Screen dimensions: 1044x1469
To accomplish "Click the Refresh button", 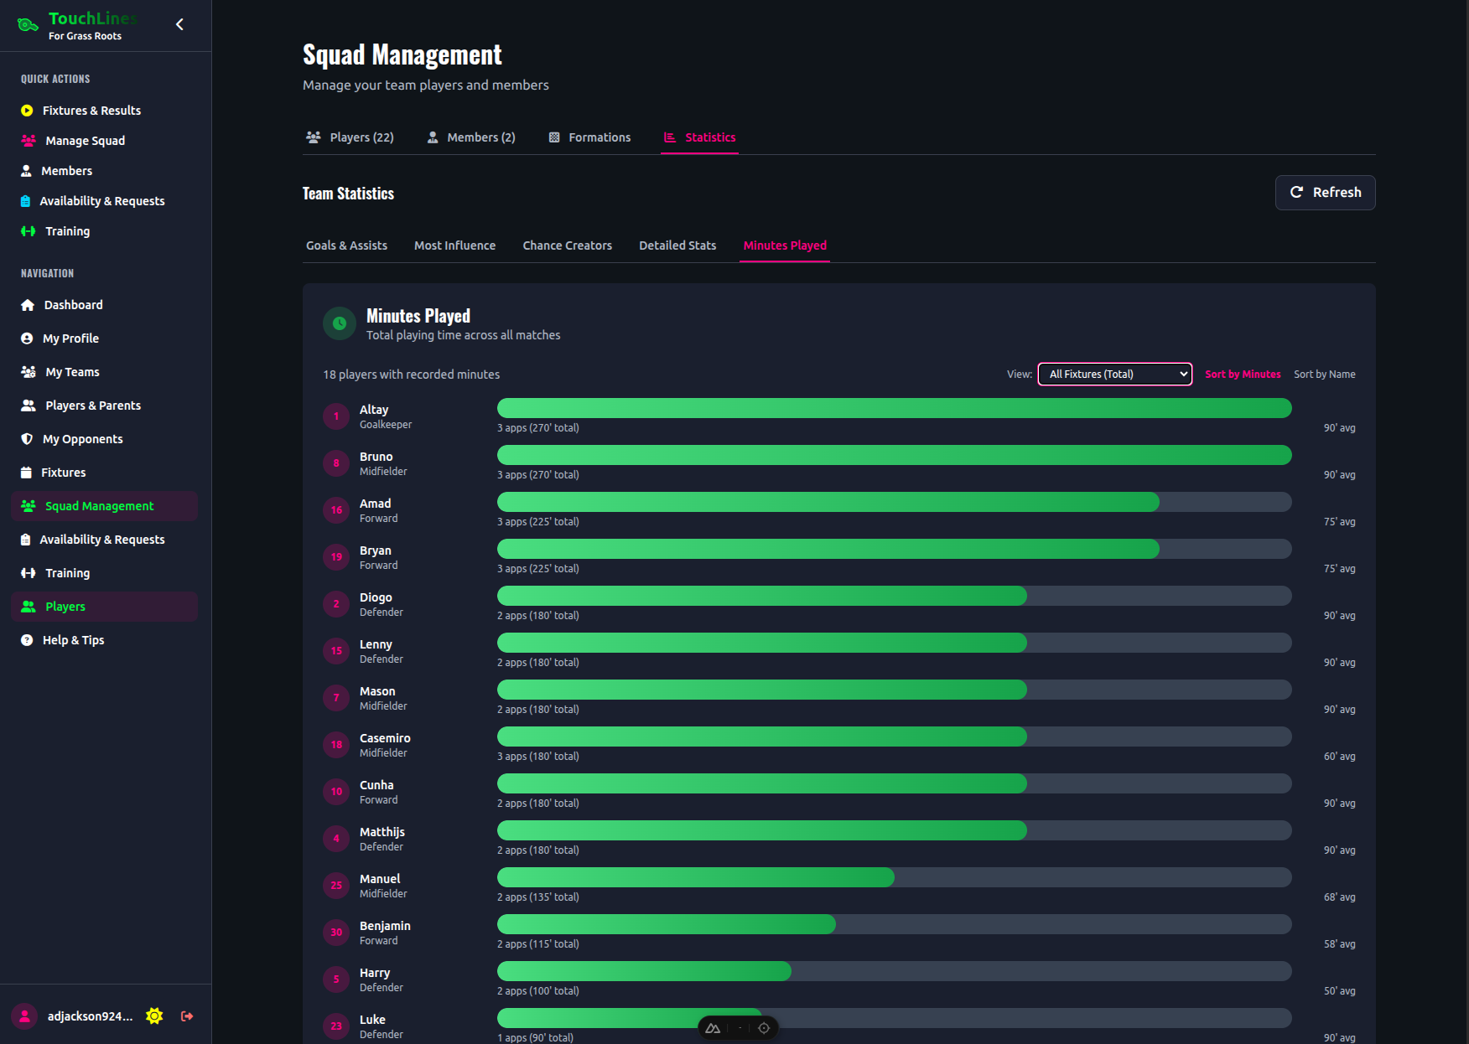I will pyautogui.click(x=1325, y=193).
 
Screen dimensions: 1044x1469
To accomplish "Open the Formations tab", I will pyautogui.click(x=589, y=137).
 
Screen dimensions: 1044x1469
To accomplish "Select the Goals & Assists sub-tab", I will pyautogui.click(x=346, y=245).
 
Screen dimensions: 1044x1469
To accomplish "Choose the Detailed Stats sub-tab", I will pyautogui.click(x=677, y=245).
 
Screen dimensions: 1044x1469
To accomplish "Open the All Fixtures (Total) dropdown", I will pyautogui.click(x=1114, y=375).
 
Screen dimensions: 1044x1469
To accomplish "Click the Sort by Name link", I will pyautogui.click(x=1324, y=375).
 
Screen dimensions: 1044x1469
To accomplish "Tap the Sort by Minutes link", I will pyautogui.click(x=1242, y=375).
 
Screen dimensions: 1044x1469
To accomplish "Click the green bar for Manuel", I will pyautogui.click(x=696, y=877).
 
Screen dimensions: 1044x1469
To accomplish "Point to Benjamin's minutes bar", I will pyautogui.click(x=667, y=924).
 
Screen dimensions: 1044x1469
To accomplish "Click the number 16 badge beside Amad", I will pyautogui.click(x=336, y=510).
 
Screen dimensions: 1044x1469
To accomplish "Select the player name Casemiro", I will pyautogui.click(x=385, y=738).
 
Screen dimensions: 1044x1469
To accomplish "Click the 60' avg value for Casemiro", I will pyautogui.click(x=1339, y=757).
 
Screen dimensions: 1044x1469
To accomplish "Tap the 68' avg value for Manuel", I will pyautogui.click(x=1339, y=897).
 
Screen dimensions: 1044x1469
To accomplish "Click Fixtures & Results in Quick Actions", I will pyautogui.click(x=91, y=111).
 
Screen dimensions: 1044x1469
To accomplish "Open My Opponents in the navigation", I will pyautogui.click(x=82, y=439).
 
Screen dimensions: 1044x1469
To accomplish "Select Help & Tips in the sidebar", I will pyautogui.click(x=73, y=640).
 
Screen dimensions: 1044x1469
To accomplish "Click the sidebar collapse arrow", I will pyautogui.click(x=179, y=24).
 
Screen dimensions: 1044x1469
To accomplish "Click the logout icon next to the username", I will pyautogui.click(x=187, y=1016).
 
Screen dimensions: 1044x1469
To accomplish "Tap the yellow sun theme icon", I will pyautogui.click(x=154, y=1016).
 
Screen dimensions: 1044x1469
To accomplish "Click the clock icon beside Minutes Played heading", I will pyautogui.click(x=340, y=323).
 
